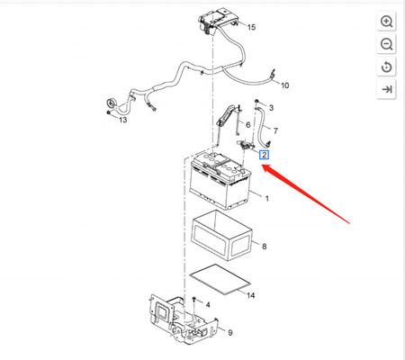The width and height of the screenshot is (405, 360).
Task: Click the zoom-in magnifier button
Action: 386,22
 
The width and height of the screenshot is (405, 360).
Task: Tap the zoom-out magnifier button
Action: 386,44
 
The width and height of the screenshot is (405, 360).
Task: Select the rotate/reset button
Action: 386,67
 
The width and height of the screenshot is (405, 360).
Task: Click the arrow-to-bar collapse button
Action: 386,89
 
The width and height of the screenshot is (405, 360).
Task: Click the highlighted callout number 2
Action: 264,155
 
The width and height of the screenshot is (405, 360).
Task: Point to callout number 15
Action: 251,27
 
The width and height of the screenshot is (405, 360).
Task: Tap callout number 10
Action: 284,85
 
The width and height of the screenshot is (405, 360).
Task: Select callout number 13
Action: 123,120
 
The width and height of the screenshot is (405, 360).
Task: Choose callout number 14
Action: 250,295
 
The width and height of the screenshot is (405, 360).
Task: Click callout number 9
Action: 230,333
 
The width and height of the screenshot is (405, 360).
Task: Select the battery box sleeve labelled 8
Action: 222,235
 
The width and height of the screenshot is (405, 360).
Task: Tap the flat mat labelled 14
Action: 220,279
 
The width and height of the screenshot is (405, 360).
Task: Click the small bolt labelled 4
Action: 194,299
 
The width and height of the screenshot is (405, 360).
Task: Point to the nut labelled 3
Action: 256,102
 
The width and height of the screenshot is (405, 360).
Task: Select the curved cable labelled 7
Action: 262,126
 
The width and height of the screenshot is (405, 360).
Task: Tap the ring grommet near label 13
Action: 112,103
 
